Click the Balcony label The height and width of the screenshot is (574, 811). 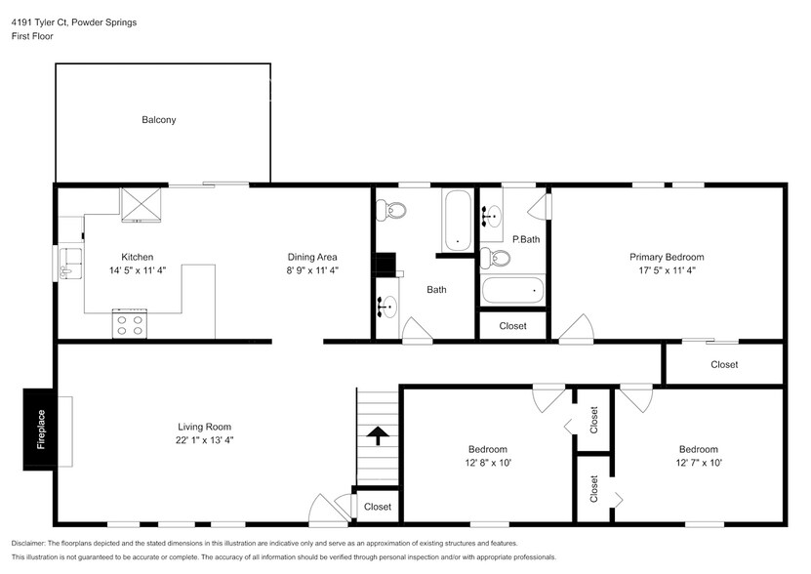[x=158, y=120]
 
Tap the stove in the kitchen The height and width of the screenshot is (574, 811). [x=131, y=324]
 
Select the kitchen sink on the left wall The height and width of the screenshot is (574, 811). [x=68, y=261]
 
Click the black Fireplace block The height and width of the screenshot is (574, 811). [x=40, y=429]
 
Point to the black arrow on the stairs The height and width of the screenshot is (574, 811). [x=378, y=434]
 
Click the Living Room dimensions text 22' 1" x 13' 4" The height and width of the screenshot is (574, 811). [x=204, y=440]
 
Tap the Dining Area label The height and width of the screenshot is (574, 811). [x=312, y=257]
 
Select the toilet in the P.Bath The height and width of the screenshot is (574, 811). [x=497, y=258]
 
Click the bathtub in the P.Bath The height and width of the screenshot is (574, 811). [x=512, y=290]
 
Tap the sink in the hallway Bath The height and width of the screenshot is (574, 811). [x=386, y=307]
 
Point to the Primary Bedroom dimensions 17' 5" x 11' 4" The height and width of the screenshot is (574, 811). [x=666, y=270]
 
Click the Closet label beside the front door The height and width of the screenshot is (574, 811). [x=377, y=507]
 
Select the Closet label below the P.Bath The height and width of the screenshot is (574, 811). [x=512, y=326]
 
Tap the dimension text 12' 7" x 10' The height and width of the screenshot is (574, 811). [x=698, y=463]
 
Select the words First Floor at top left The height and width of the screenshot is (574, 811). [x=32, y=36]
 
